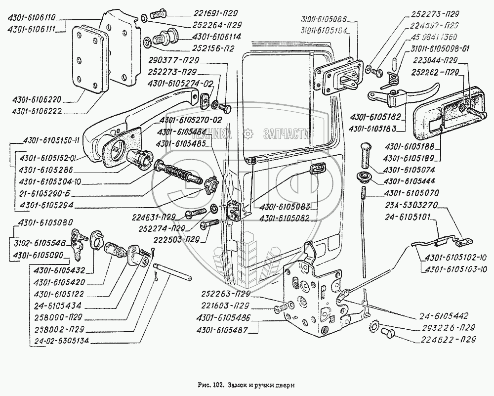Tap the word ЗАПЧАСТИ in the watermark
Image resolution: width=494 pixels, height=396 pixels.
(x=287, y=133)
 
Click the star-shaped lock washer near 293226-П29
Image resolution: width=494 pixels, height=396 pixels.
(x=373, y=327)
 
